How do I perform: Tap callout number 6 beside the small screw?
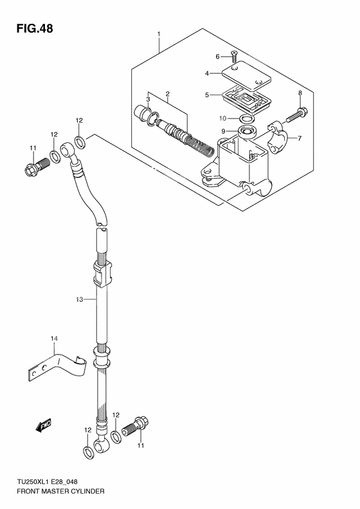pos(217,56)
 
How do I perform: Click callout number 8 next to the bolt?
pos(300,95)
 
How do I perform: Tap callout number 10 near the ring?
pos(222,118)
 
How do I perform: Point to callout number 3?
pos(148,99)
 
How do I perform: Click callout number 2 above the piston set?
pos(167,94)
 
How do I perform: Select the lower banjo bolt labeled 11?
pos(136,425)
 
